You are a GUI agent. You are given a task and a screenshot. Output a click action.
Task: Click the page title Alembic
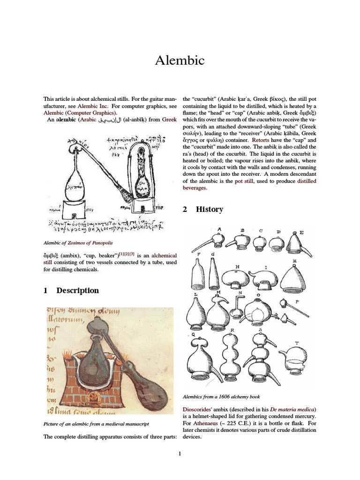pos(180,60)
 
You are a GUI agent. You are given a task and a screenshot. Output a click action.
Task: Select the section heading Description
pos(77,290)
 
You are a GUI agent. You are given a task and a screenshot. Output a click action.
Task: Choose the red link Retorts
pos(261,140)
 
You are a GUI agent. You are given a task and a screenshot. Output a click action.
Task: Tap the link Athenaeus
pos(206,423)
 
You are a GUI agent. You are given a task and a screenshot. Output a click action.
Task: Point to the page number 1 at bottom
pos(180,453)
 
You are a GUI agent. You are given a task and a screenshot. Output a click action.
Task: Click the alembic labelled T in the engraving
pos(296,360)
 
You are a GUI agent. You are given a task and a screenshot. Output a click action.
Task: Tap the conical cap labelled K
pos(296,277)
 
